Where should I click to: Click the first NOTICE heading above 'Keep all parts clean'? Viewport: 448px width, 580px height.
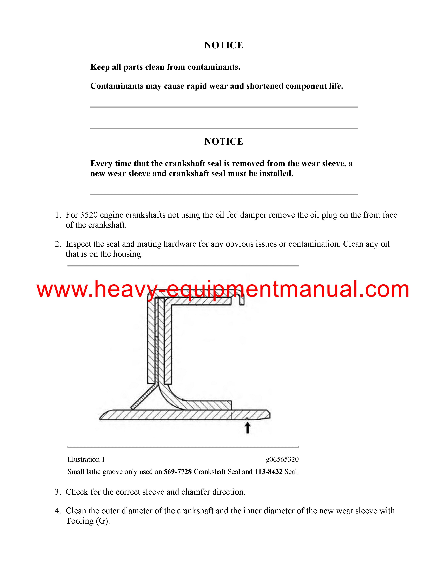point(223,45)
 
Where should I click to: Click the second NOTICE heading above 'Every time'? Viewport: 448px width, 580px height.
point(223,141)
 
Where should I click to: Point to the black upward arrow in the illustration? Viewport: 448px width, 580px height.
point(247,428)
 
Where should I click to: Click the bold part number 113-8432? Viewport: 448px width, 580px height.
point(268,472)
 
